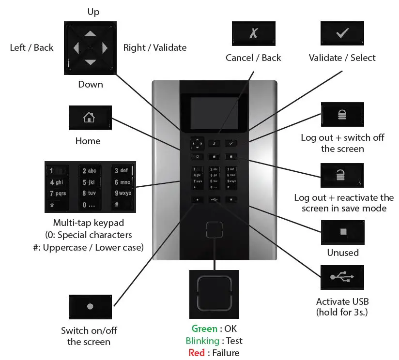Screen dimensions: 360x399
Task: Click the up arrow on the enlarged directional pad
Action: coord(90,34)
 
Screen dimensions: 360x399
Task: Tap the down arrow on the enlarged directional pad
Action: coord(90,62)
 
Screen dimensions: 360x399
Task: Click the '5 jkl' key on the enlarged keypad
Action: coord(90,182)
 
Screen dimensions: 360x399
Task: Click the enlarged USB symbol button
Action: coord(342,277)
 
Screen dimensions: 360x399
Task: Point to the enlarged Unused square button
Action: coord(342,232)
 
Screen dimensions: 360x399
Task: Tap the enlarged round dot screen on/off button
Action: coord(89,306)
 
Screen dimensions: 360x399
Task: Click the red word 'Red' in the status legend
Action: coord(197,352)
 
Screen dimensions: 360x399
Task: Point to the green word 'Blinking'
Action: coord(203,341)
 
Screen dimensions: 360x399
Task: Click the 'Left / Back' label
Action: coord(31,47)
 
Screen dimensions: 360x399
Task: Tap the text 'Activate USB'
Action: coord(341,300)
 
